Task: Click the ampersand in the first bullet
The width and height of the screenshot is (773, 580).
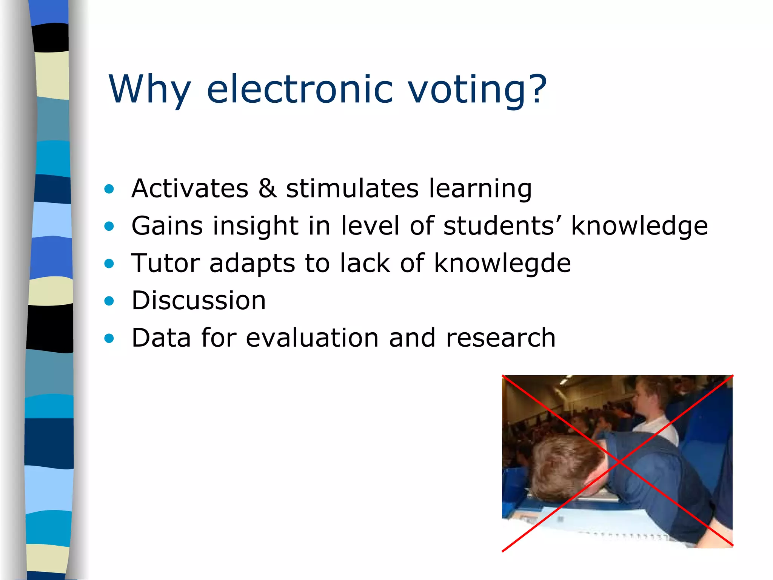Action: point(267,188)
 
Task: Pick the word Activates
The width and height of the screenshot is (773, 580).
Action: point(190,188)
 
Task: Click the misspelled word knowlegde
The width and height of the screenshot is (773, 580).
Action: point(502,263)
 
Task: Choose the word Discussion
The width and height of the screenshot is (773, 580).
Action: point(199,301)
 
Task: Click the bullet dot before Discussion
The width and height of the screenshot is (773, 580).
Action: point(109,301)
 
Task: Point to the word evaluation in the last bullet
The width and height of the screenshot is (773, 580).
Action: point(312,338)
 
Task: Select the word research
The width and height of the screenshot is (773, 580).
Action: point(500,338)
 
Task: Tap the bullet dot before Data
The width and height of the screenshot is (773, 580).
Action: point(109,338)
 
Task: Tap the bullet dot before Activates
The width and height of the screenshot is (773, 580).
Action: point(109,189)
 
